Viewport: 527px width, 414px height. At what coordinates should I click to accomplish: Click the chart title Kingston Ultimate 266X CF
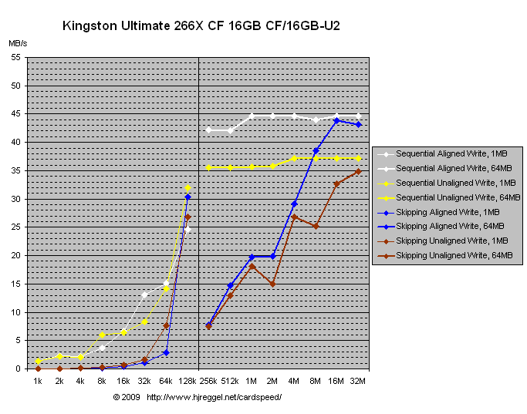pyautogui.click(x=201, y=26)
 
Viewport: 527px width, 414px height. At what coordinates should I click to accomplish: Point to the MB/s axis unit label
pyautogui.click(x=18, y=44)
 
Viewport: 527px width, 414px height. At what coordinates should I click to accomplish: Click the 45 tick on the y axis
pyautogui.click(x=15, y=114)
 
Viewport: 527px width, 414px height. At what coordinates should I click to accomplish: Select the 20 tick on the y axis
pyautogui.click(x=15, y=255)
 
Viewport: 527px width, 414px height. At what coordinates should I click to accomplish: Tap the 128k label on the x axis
pyautogui.click(x=187, y=381)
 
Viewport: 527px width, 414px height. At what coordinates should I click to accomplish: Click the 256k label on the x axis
pyautogui.click(x=208, y=381)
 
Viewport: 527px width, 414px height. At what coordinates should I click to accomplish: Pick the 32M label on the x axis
pyautogui.click(x=358, y=381)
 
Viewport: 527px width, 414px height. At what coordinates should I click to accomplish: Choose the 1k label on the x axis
pyautogui.click(x=37, y=381)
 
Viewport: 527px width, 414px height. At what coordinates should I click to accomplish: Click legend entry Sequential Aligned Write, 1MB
pyautogui.click(x=441, y=154)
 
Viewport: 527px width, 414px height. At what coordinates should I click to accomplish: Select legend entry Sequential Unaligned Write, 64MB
pyautogui.click(x=444, y=197)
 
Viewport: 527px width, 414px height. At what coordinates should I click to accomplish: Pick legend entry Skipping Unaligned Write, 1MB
pyautogui.click(x=443, y=241)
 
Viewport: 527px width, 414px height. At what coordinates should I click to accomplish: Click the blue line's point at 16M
pyautogui.click(x=337, y=120)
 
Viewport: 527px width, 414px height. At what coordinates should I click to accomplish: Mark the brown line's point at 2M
pyautogui.click(x=273, y=284)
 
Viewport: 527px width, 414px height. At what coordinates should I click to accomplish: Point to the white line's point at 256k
pyautogui.click(x=208, y=130)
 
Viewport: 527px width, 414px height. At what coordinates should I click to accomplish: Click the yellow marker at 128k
pyautogui.click(x=187, y=188)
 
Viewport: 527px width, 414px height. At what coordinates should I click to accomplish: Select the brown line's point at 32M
pyautogui.click(x=358, y=171)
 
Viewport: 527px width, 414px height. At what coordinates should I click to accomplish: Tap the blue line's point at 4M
pyautogui.click(x=294, y=204)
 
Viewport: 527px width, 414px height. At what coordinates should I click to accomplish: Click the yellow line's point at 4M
pyautogui.click(x=294, y=158)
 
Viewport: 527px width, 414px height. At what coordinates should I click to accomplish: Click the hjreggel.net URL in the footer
pyautogui.click(x=214, y=397)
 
